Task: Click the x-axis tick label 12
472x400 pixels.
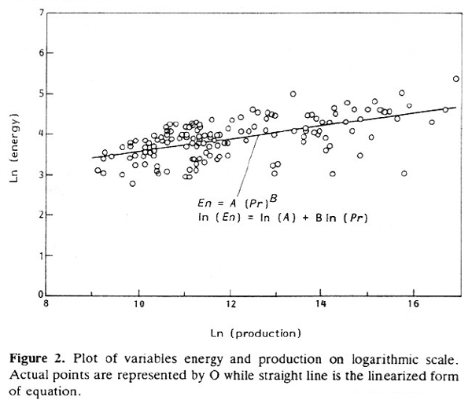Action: tap(230, 304)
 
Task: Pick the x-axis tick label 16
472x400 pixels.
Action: tap(411, 304)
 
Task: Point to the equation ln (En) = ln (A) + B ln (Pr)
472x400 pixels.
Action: tap(283, 218)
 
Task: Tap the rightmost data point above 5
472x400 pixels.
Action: tap(456, 79)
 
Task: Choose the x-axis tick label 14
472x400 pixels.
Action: tap(321, 304)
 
